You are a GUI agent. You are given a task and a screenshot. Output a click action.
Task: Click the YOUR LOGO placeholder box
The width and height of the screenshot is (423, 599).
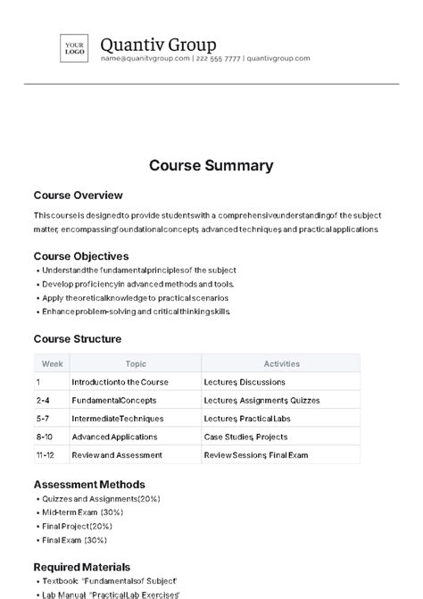click(73, 48)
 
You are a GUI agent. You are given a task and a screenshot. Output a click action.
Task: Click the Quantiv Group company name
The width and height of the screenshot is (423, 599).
click(158, 44)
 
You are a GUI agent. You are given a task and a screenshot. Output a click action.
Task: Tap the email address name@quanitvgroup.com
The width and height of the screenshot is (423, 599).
click(145, 59)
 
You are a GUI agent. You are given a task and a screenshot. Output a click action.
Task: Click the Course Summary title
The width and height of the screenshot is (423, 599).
click(211, 165)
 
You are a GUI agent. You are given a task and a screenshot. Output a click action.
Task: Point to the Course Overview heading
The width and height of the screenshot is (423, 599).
click(78, 196)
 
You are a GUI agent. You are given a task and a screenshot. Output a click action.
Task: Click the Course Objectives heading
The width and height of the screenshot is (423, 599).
click(81, 256)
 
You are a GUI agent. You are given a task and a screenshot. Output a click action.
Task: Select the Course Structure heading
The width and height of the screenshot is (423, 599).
click(78, 339)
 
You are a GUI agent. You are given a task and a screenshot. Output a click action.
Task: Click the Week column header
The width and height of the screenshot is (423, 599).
click(52, 364)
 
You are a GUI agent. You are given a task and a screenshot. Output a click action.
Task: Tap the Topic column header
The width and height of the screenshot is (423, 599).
click(136, 364)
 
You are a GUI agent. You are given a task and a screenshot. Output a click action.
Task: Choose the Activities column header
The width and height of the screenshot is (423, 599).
click(281, 364)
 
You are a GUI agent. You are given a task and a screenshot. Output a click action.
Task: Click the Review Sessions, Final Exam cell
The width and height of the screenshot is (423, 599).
click(254, 455)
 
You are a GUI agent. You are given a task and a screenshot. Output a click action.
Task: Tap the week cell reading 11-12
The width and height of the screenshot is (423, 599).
click(46, 455)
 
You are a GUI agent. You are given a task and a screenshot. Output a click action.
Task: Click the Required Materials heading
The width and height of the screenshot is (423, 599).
click(82, 567)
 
